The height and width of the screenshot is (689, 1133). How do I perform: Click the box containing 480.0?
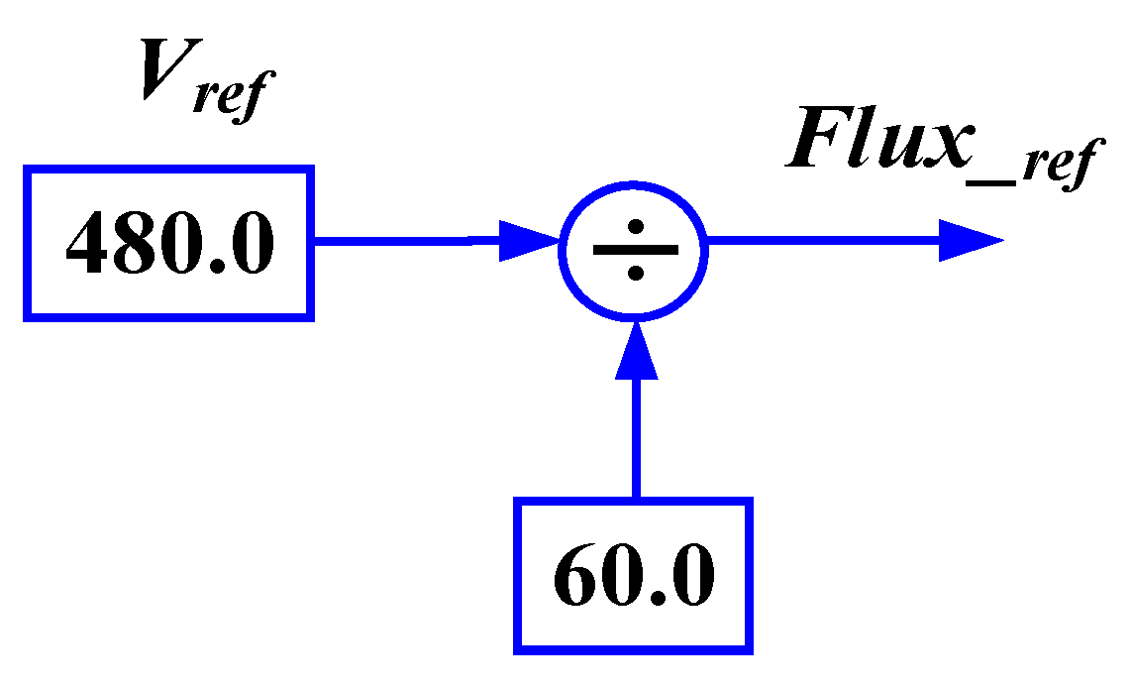pyautogui.click(x=168, y=244)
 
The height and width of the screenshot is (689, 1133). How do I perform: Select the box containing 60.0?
pyautogui.click(x=634, y=576)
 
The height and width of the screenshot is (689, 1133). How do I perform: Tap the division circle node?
pyautogui.click(x=634, y=250)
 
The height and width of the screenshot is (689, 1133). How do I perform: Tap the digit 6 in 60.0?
pyautogui.click(x=577, y=577)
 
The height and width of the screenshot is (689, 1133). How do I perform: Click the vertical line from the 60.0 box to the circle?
pyautogui.click(x=635, y=436)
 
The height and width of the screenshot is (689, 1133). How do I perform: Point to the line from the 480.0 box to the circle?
pyautogui.click(x=406, y=241)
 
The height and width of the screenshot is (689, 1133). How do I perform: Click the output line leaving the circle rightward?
pyautogui.click(x=822, y=241)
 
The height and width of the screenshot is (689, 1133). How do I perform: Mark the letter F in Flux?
pyautogui.click(x=818, y=139)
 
